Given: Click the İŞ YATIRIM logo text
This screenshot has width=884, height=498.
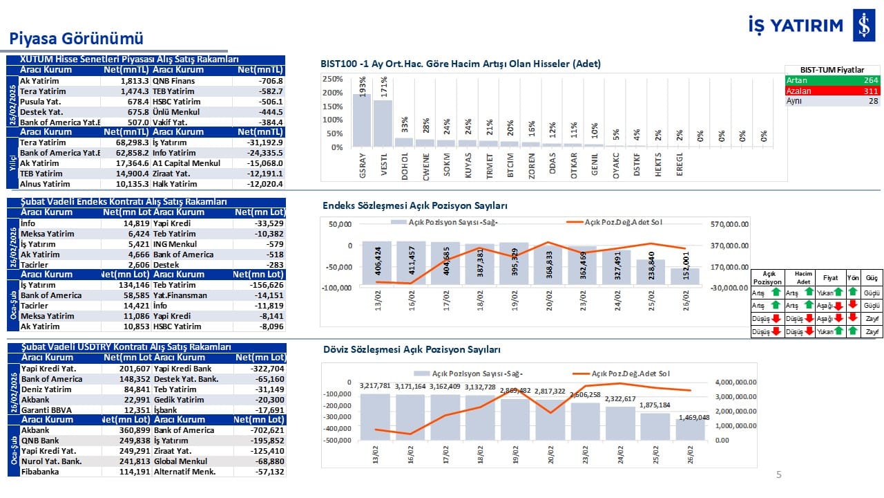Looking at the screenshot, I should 796,26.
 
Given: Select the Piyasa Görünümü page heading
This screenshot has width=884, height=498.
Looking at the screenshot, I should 76,38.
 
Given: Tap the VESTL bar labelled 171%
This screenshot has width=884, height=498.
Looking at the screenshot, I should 383,124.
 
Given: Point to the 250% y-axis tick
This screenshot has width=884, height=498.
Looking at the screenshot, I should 333,79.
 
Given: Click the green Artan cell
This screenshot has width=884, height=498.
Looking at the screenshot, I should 832,80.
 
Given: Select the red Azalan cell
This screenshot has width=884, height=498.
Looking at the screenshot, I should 832,91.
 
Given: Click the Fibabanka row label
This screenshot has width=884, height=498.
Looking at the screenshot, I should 40,472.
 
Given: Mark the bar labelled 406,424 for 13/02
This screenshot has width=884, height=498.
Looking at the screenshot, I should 378,264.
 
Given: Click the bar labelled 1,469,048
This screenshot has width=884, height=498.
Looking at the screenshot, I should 691,429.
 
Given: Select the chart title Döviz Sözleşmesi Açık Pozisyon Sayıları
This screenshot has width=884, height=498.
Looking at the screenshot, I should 412,350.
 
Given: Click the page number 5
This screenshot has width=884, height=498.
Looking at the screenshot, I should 779,474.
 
